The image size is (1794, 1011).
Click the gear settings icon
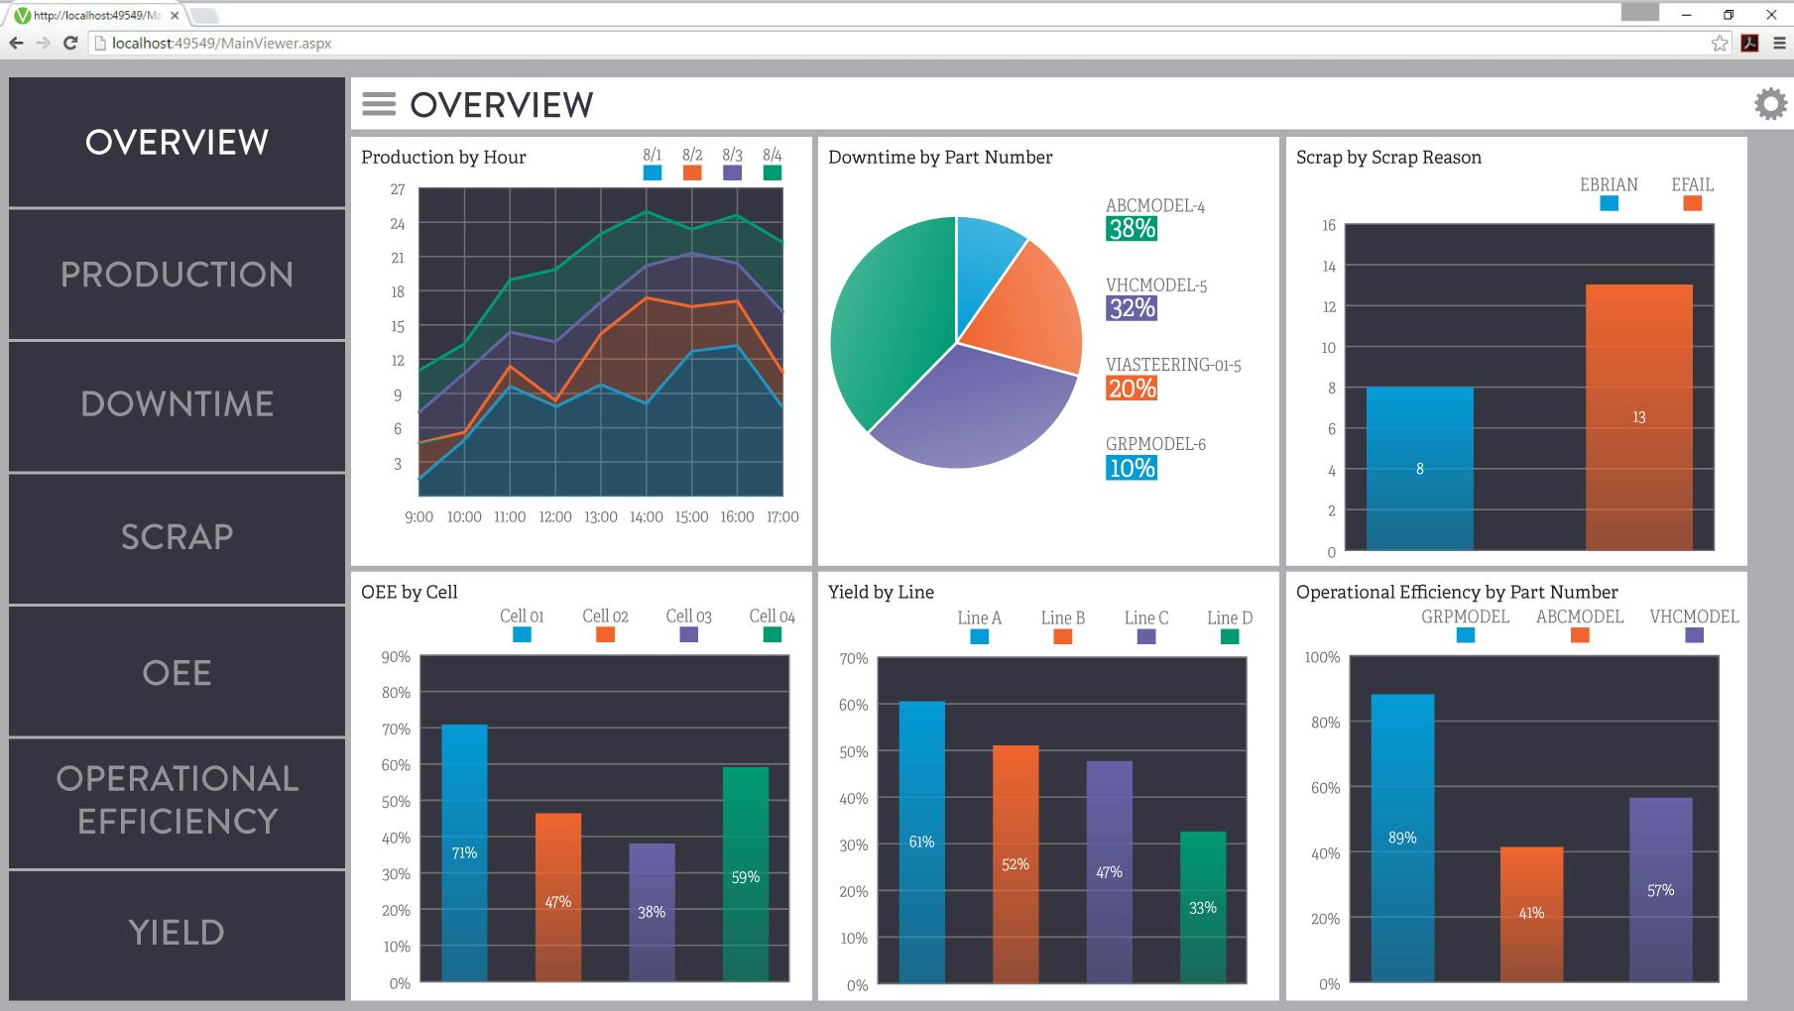pos(1770,104)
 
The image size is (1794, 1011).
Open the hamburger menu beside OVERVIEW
pos(379,104)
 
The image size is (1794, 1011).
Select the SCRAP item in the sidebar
pos(177,537)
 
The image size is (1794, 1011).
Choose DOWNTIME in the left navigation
pos(177,404)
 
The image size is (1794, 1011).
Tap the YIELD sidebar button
pos(177,933)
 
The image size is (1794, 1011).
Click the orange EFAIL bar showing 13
pos(1638,417)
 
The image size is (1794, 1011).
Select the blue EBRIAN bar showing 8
pos(1419,469)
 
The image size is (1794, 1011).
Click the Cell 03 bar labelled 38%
pos(652,912)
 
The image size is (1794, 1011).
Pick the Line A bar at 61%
pos(921,842)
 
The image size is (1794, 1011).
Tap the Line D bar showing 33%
pos(1203,907)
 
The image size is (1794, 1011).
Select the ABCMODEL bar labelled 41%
pos(1531,913)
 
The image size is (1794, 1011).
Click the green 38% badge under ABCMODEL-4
pos(1132,229)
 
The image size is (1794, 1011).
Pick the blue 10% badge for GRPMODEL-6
pos(1132,468)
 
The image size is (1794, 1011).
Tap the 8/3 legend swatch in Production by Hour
pos(732,172)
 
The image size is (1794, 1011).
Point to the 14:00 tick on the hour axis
pos(646,517)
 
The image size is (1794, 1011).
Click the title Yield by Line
pos(881,592)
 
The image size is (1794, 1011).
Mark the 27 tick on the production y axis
pos(398,189)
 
